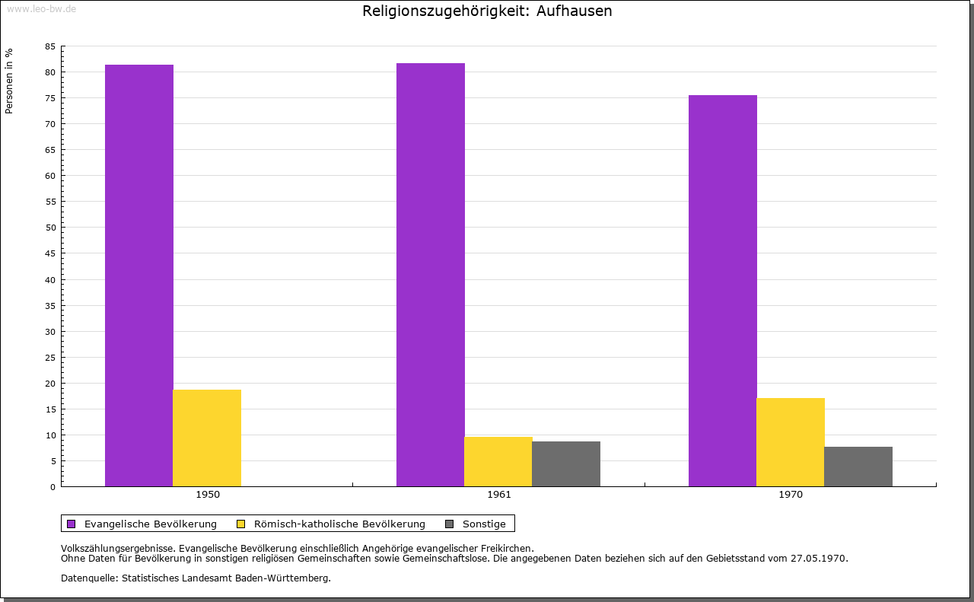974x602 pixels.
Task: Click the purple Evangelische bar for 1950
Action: point(139,276)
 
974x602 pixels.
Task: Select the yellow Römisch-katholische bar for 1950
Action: point(207,438)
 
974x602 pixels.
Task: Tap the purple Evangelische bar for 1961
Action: point(431,275)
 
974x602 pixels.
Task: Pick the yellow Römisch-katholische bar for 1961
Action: point(498,461)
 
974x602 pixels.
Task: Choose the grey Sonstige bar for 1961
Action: point(566,463)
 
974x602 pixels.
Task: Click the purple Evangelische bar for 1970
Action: point(723,291)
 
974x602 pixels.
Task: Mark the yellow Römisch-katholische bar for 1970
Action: point(791,442)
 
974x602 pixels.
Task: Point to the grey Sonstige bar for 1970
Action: point(858,467)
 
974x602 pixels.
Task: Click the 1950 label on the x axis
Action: point(208,495)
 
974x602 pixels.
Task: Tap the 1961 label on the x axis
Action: point(499,495)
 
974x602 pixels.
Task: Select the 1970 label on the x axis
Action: point(791,495)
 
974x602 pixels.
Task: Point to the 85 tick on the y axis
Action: point(50,46)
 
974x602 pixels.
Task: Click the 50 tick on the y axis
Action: point(50,228)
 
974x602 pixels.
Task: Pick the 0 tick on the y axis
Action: point(53,487)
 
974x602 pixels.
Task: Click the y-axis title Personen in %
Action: point(9,81)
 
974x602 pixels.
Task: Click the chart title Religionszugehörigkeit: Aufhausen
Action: point(487,11)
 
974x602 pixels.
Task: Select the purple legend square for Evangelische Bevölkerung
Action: point(72,524)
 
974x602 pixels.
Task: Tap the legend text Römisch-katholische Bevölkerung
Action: point(339,524)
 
